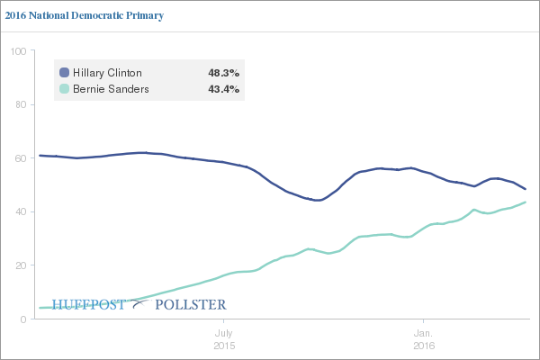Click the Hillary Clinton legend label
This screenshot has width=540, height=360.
tap(108, 73)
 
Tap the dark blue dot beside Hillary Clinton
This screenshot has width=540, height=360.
tap(64, 73)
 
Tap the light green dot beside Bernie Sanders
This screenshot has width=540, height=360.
tap(64, 89)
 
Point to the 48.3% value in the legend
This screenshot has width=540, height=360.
tap(223, 73)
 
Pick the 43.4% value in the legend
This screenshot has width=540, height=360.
tap(223, 89)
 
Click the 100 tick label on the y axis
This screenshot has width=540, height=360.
tap(17, 51)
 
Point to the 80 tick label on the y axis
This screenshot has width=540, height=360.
tap(20, 104)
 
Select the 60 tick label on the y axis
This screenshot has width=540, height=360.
tap(20, 158)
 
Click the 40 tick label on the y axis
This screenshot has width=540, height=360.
tap(20, 212)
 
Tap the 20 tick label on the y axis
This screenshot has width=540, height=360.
tap(20, 265)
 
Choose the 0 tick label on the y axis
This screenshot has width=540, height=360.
tap(22, 319)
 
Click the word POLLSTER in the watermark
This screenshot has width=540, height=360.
tap(191, 304)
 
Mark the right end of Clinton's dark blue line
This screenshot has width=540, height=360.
tap(526, 189)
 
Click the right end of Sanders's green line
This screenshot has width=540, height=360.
tap(526, 202)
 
